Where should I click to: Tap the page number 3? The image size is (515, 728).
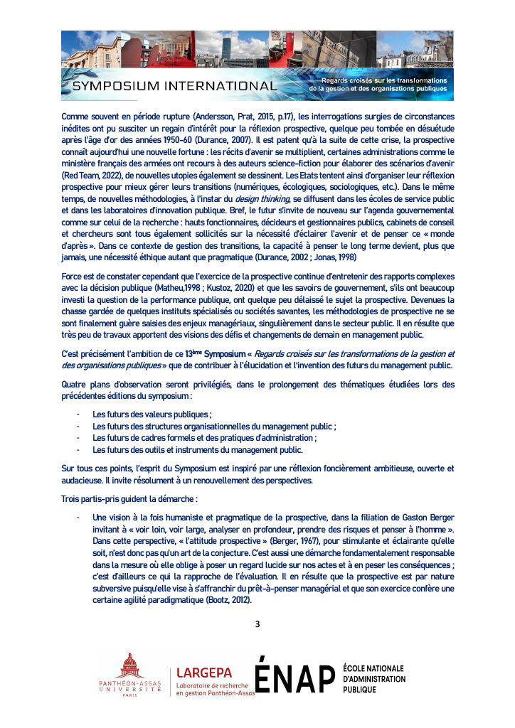click(x=257, y=624)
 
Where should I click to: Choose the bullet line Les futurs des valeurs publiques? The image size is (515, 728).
click(x=152, y=414)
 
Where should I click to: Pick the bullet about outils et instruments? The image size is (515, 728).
click(x=198, y=449)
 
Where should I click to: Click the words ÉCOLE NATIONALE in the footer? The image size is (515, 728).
click(x=373, y=668)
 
